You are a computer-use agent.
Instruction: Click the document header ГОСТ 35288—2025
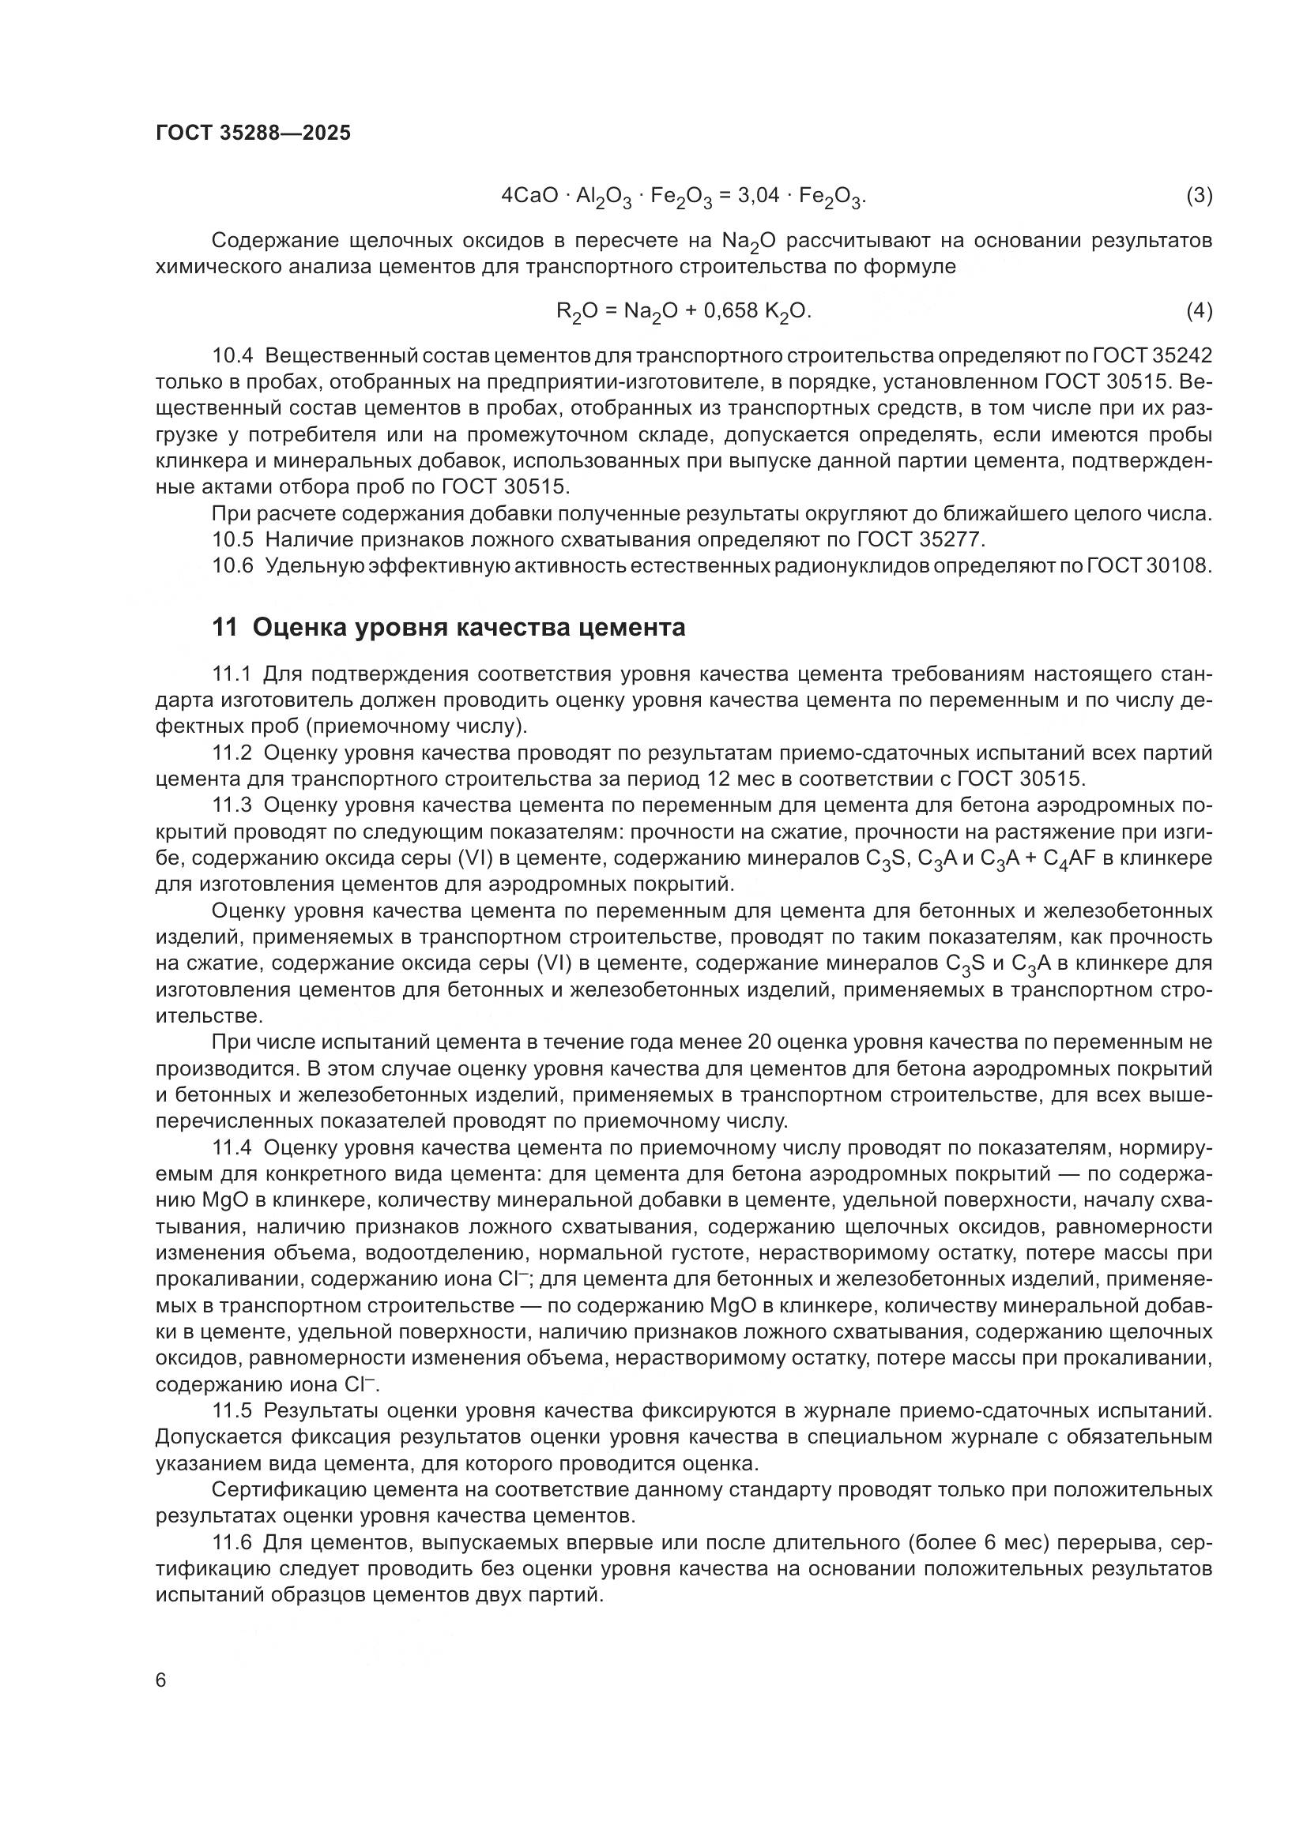(x=254, y=133)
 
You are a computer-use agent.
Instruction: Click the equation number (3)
(x=1200, y=196)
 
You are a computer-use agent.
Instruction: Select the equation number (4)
(x=1200, y=310)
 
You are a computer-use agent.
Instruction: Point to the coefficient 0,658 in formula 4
(x=728, y=310)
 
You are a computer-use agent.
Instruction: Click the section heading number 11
(x=224, y=628)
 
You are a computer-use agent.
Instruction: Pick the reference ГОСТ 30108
(x=1148, y=565)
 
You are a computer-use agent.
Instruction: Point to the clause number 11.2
(x=232, y=754)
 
